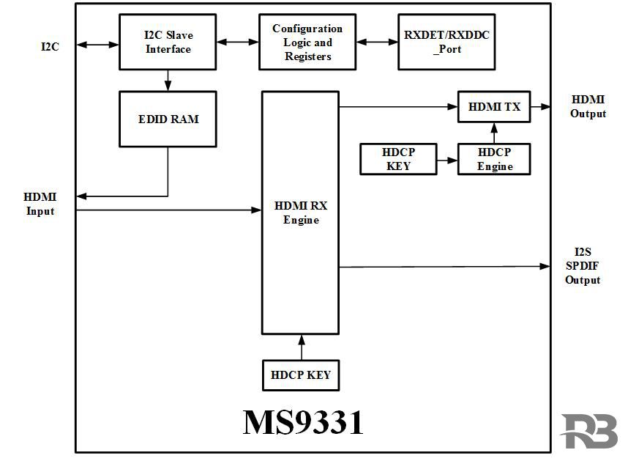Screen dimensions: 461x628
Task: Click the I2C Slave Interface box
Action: [168, 42]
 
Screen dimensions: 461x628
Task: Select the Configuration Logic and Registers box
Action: [307, 42]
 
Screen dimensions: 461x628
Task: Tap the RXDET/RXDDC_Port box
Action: [441, 42]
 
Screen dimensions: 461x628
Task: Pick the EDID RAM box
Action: [168, 119]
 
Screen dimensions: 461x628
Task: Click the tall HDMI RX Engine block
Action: [301, 213]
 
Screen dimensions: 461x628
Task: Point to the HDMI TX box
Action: [494, 107]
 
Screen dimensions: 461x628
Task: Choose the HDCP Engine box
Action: [494, 159]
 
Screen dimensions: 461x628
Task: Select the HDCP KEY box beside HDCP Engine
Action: [397, 159]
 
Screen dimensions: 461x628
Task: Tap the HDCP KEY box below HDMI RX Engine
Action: [301, 375]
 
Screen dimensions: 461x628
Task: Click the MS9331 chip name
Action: [303, 423]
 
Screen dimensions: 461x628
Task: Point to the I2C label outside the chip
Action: [50, 46]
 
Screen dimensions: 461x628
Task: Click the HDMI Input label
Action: [40, 204]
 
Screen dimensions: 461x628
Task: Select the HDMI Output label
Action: [588, 107]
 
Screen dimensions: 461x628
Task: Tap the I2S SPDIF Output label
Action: [583, 266]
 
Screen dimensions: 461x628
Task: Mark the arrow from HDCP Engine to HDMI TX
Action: [494, 133]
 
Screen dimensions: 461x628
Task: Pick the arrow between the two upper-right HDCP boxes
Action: [446, 159]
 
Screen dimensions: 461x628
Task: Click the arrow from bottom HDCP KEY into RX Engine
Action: [301, 347]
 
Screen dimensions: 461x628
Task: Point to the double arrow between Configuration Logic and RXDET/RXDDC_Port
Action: [377, 43]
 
